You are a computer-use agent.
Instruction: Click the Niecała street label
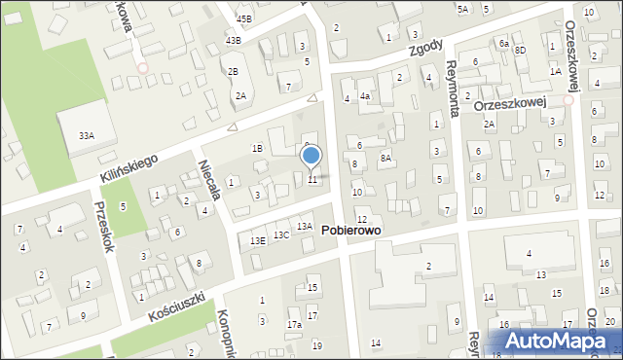pos(212,181)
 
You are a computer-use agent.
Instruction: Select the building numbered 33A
pos(87,136)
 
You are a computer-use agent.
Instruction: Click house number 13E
pos(258,240)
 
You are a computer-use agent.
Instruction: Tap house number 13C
pos(281,235)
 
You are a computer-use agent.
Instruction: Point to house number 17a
pos(293,324)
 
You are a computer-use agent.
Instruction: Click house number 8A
pos(385,158)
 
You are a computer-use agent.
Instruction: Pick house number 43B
pos(233,40)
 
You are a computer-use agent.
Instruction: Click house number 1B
pos(257,148)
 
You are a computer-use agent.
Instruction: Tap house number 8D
pos(520,50)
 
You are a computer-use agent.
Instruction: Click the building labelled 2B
pos(233,72)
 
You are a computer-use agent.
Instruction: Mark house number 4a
pos(364,96)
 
